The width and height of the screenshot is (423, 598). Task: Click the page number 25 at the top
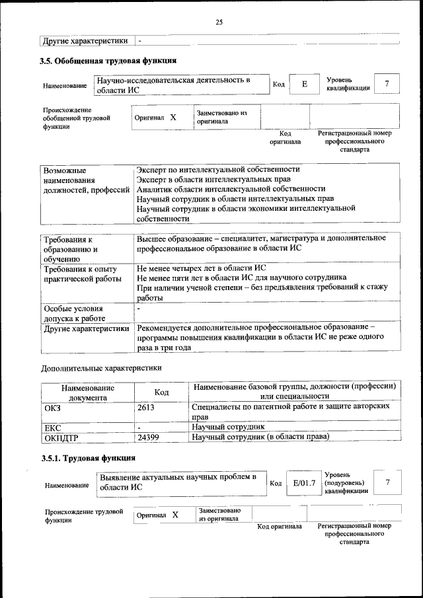click(219, 22)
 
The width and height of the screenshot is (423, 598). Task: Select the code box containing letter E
click(305, 84)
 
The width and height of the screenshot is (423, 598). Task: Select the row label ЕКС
click(52, 428)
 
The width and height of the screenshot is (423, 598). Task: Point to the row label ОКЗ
click(52, 408)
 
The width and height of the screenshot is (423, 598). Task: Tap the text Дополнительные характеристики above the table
click(101, 367)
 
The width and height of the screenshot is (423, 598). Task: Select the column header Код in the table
click(162, 392)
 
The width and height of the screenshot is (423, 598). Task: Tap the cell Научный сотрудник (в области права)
click(260, 437)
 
